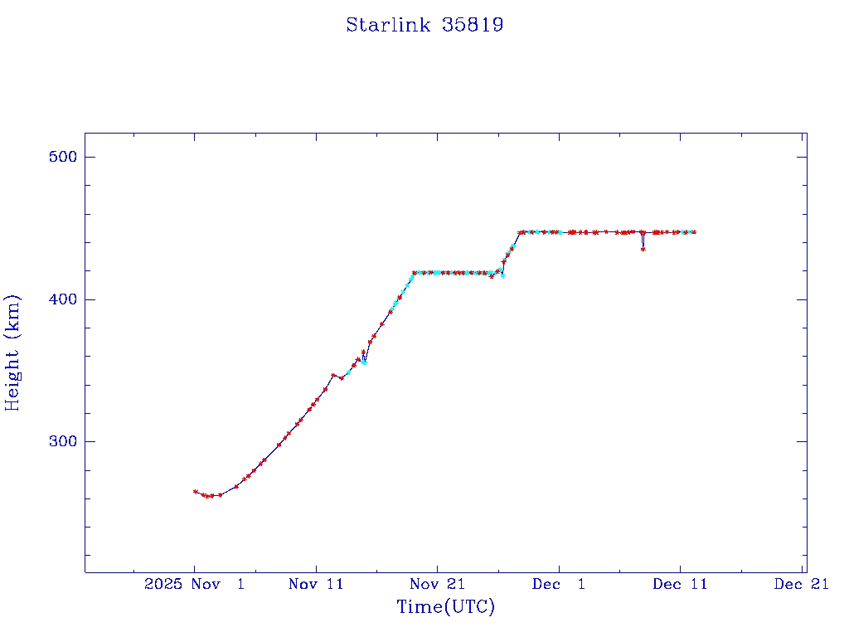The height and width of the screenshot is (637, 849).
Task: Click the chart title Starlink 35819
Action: tap(424, 25)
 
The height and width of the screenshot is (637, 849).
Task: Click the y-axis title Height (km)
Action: tap(12, 353)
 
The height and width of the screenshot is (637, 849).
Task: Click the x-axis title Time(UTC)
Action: tap(445, 607)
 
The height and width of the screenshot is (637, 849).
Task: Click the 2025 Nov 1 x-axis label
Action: tap(194, 584)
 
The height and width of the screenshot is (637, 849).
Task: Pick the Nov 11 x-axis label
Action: tap(316, 584)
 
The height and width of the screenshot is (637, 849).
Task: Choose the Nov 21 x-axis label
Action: tap(437, 584)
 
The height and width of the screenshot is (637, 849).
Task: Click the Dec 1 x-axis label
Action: tap(559, 584)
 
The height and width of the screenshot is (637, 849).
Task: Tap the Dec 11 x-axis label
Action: tap(680, 584)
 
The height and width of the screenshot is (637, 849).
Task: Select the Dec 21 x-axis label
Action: tap(802, 584)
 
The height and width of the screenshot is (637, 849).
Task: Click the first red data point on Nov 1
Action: tap(196, 492)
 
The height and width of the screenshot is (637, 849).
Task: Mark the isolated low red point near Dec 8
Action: tap(643, 249)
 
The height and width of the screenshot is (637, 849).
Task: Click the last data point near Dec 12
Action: tap(694, 232)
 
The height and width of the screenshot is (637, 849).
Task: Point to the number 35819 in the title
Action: tap(473, 25)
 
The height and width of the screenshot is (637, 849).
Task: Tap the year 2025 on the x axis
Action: tap(163, 584)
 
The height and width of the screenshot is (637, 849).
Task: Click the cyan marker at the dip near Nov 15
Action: tap(364, 362)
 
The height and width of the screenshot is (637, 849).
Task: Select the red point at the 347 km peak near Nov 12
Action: tap(333, 375)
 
